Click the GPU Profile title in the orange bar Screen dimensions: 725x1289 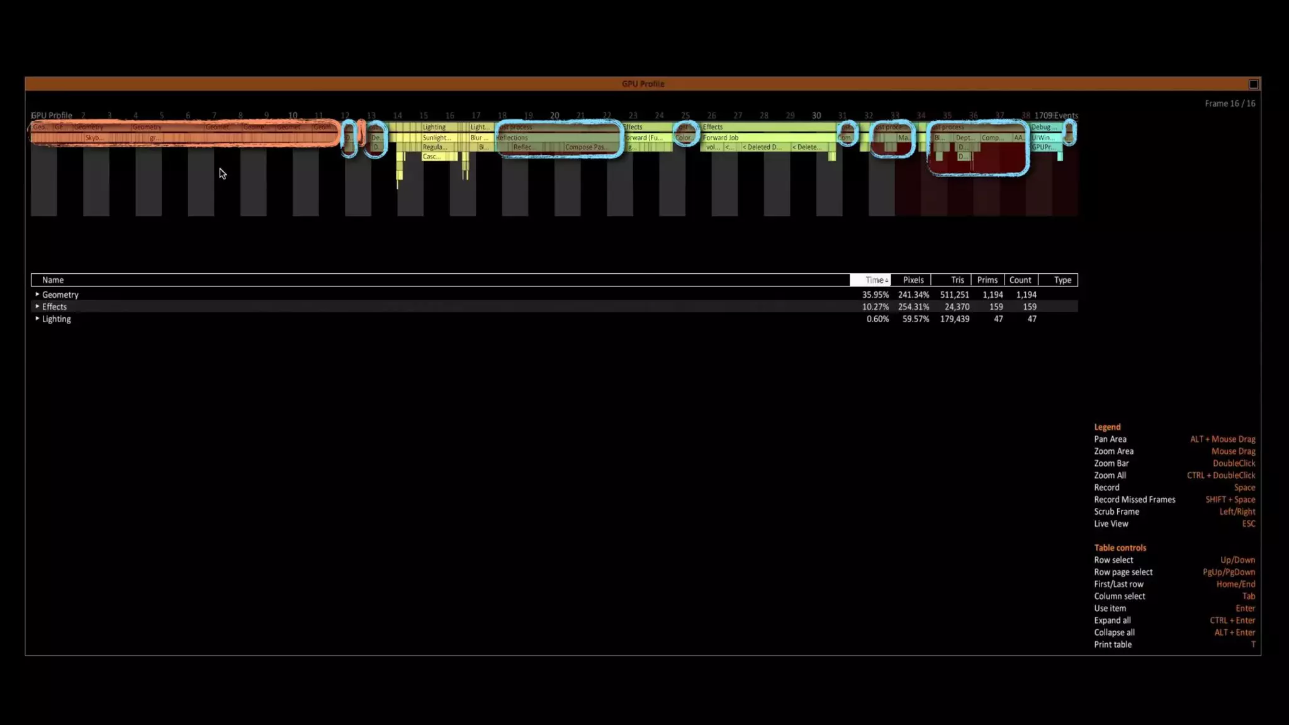(643, 84)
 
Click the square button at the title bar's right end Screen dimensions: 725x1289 (1253, 84)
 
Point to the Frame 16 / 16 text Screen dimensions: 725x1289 (1229, 104)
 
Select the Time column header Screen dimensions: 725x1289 (870, 280)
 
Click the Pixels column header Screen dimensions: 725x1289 (913, 280)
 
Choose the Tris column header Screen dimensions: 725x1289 (957, 280)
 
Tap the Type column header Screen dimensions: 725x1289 (1062, 280)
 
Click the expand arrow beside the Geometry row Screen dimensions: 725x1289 (37, 295)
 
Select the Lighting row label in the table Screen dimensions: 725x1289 (56, 319)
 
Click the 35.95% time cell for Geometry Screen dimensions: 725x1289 (875, 295)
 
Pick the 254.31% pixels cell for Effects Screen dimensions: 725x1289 (913, 307)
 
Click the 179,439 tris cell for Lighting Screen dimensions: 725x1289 (954, 319)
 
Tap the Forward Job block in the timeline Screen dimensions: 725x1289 (721, 138)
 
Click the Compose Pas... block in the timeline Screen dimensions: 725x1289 (585, 147)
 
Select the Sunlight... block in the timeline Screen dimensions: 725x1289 (436, 138)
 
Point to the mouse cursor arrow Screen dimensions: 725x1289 (222, 172)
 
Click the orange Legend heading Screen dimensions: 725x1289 (1106, 427)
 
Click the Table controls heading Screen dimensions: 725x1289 (1119, 548)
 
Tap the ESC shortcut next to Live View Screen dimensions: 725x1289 (1248, 524)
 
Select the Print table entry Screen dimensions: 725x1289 (1112, 645)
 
